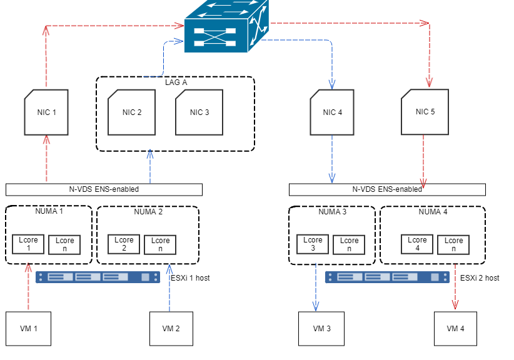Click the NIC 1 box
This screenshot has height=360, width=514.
coord(46,112)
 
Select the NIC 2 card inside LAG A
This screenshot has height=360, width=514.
coord(131,112)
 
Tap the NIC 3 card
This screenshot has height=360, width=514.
coord(199,112)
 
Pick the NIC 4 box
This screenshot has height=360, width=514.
coord(333,112)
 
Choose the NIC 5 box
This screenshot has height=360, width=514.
coord(425,112)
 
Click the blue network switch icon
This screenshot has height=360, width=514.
coord(226,27)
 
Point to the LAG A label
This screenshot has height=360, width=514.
coord(176,82)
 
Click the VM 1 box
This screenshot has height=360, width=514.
coord(28,328)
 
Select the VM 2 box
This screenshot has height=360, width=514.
coord(171,328)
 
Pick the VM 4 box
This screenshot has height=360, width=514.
coord(456,328)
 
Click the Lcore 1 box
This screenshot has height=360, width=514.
coord(28,244)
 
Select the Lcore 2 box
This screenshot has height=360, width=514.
coord(124,244)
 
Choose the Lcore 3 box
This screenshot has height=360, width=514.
coord(312,244)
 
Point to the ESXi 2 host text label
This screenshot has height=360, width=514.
coord(480,277)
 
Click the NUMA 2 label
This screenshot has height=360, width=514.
coord(148,212)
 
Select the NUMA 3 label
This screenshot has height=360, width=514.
coord(332,212)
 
